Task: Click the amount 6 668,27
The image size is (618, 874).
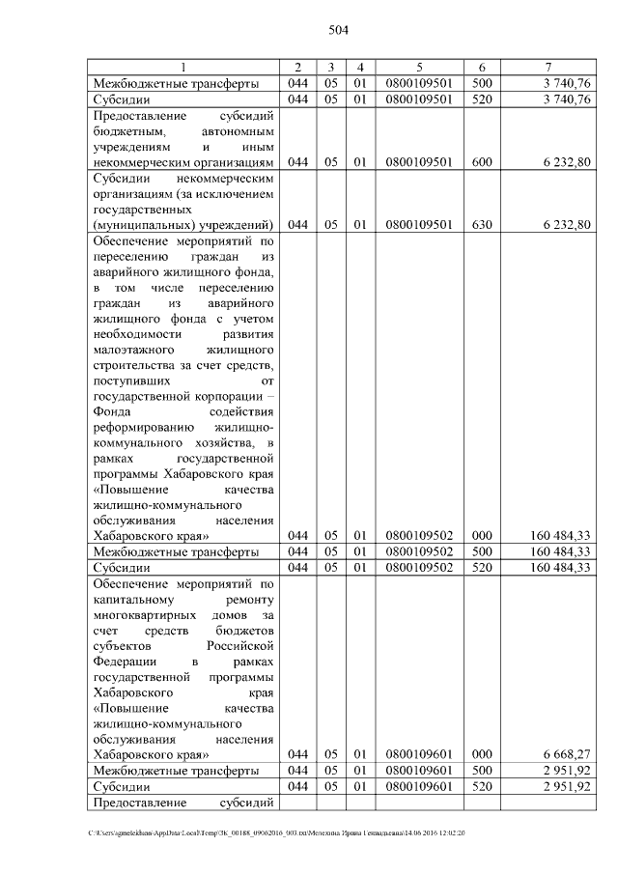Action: click(x=566, y=754)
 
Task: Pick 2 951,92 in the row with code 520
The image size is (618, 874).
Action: click(x=566, y=787)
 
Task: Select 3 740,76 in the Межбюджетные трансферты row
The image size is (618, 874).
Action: click(x=566, y=84)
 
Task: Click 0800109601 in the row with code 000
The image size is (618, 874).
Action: click(x=419, y=754)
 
